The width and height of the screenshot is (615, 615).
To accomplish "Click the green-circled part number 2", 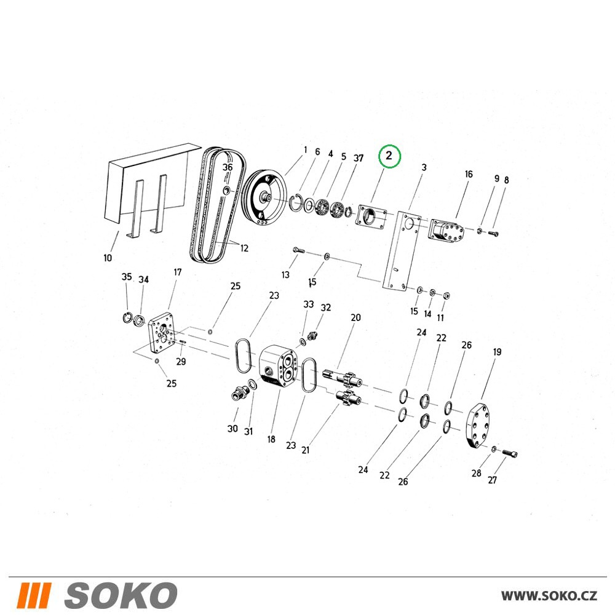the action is tap(389, 156).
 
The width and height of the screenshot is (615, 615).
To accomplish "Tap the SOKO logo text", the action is tap(121, 595).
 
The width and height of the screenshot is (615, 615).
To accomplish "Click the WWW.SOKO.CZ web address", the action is tap(549, 596).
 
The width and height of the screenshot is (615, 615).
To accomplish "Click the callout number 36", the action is tap(228, 167).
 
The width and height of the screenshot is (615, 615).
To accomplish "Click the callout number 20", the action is tap(355, 317).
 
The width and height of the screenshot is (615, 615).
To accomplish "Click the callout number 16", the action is tap(469, 174).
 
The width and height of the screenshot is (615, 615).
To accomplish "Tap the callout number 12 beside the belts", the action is tap(244, 248).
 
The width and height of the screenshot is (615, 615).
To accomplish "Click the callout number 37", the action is tap(359, 158).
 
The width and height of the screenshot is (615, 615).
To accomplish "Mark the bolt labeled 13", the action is tap(298, 250).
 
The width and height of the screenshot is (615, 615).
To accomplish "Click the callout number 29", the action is tap(181, 361).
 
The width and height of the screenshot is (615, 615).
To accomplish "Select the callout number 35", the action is tap(126, 277).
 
